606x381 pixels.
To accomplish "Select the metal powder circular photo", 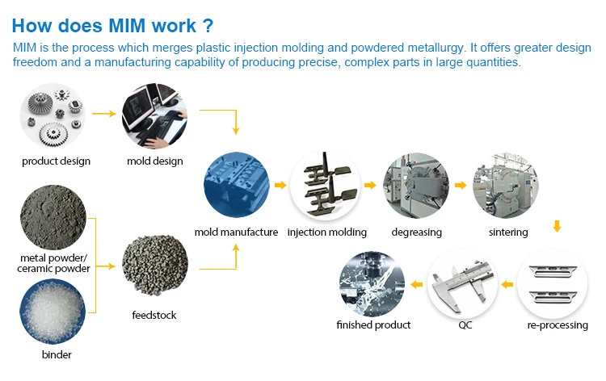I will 55,218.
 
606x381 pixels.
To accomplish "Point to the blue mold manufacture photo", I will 236,186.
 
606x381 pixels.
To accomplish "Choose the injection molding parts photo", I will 325,186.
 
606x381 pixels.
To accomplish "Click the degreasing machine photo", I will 415,186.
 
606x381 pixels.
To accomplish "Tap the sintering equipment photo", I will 507,186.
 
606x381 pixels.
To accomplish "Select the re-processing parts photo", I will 557,283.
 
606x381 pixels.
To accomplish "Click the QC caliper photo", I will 461,283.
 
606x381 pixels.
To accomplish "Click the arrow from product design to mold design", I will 104,114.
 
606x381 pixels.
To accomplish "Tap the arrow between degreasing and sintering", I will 461,186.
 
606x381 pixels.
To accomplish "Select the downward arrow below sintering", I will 557,228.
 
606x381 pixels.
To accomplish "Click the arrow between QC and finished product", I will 415,284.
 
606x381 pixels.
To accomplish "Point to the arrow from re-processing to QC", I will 507,284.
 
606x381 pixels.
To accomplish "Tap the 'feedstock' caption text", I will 154,315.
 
